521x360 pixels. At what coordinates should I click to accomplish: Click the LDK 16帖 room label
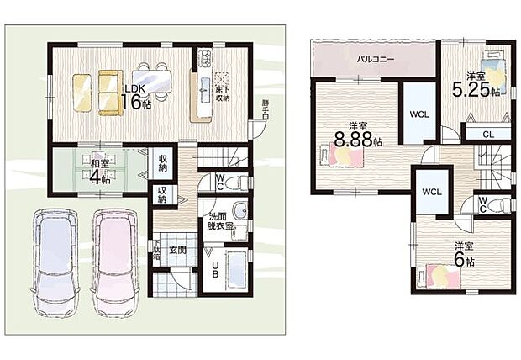(x=137, y=96)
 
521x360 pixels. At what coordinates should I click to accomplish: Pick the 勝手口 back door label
(x=266, y=110)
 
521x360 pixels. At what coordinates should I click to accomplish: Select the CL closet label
(x=487, y=134)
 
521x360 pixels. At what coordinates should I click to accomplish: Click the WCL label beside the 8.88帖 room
(x=419, y=112)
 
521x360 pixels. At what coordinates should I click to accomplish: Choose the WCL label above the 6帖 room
(x=432, y=192)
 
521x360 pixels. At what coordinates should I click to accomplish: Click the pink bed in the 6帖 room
(x=444, y=274)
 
